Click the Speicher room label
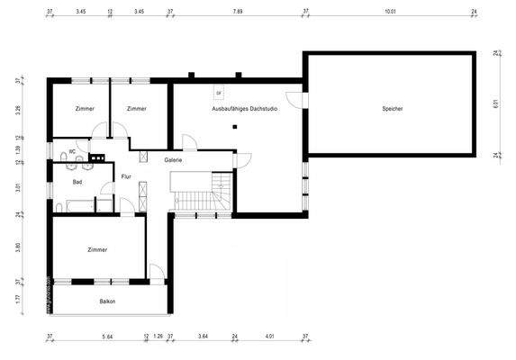[392, 109]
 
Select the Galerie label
[174, 159]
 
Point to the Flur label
[127, 176]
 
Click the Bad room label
[77, 182]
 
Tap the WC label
[72, 151]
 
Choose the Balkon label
[107, 301]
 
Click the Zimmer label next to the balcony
[97, 249]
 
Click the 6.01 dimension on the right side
[495, 104]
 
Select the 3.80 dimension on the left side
[17, 246]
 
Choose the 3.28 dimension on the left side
[17, 112]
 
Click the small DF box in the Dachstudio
[219, 92]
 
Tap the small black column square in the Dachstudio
[234, 127]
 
